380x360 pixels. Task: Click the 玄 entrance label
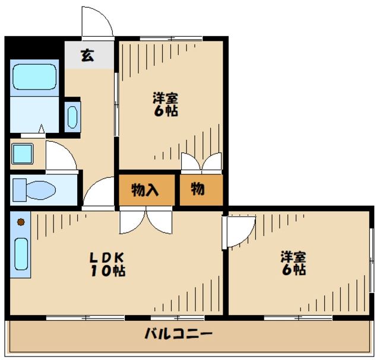click(87, 56)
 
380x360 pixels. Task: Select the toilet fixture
click(36, 190)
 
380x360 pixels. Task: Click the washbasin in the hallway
click(72, 117)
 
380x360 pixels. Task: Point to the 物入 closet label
click(145, 190)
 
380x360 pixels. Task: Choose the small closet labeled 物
click(198, 189)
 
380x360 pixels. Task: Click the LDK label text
click(107, 258)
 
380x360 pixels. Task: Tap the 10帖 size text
click(107, 272)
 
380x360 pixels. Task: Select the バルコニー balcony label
click(178, 333)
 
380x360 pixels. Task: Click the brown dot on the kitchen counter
click(20, 222)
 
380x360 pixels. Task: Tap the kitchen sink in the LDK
click(20, 256)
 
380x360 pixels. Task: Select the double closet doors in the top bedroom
click(201, 163)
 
